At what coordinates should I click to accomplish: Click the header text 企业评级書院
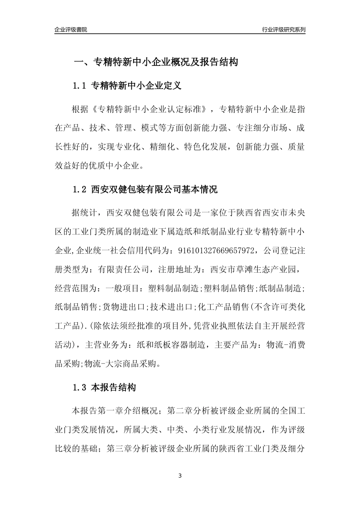tap(71, 30)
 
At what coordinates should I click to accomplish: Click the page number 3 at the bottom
tap(180, 476)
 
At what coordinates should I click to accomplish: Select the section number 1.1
tap(80, 86)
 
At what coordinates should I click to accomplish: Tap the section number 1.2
tap(80, 189)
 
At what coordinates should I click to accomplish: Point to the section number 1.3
tap(80, 388)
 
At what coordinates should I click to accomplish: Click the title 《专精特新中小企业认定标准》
tap(150, 110)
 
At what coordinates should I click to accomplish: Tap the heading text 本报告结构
tap(113, 388)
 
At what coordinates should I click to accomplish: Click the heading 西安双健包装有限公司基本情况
tap(155, 189)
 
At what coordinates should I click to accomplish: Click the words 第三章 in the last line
tap(119, 449)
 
